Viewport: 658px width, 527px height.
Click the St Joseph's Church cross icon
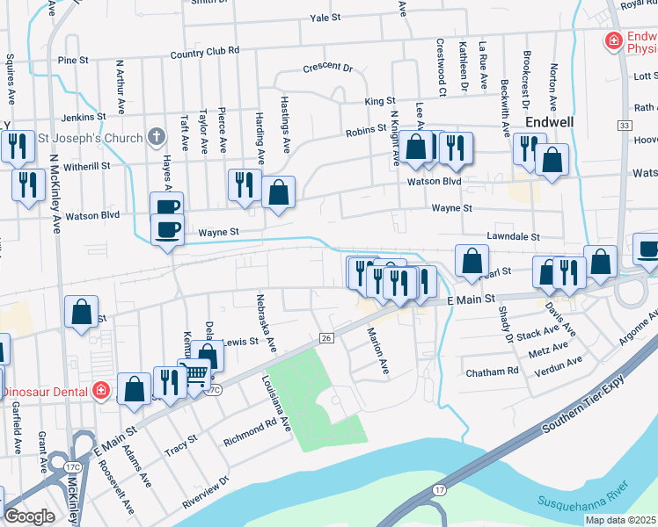tap(156, 137)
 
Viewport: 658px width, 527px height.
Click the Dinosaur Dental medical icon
tap(102, 389)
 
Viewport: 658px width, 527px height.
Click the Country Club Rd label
tap(205, 52)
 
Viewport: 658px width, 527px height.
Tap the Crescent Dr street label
tap(327, 68)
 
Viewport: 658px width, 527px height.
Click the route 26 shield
tap(325, 338)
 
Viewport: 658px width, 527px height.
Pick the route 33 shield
tap(624, 126)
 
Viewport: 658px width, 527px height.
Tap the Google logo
tap(29, 516)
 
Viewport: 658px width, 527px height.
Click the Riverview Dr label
tap(205, 494)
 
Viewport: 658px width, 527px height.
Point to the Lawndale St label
tap(512, 237)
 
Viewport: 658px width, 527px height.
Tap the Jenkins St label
tap(83, 116)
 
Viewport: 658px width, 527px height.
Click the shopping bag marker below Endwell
tap(552, 161)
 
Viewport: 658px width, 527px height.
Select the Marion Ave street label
tap(378, 351)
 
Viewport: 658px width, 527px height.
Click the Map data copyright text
tap(619, 520)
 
